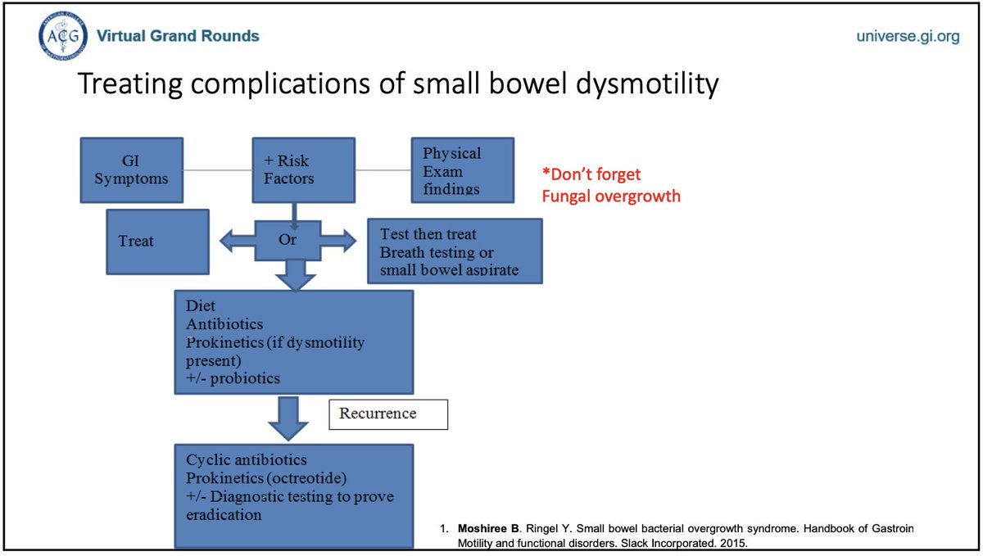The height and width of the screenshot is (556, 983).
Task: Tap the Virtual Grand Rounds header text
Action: click(x=178, y=36)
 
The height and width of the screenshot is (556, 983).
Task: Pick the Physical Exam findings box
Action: click(x=462, y=170)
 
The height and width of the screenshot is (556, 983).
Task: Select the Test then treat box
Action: click(x=455, y=251)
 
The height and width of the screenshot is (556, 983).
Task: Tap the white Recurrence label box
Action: click(x=388, y=414)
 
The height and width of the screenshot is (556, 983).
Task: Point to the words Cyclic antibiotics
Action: click(x=247, y=461)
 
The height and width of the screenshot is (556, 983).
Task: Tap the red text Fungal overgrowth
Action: click(x=610, y=197)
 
